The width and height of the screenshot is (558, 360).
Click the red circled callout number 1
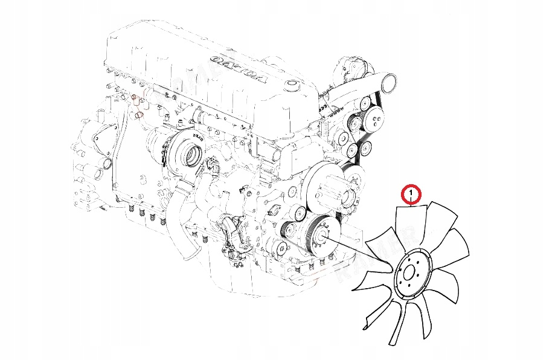click(x=411, y=194)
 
